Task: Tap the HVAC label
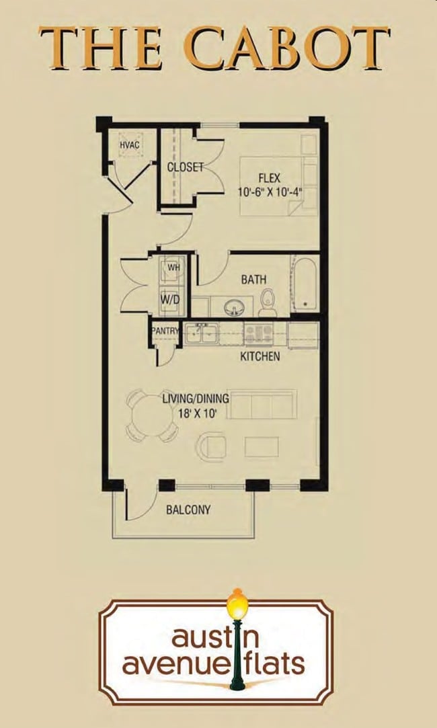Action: (x=129, y=145)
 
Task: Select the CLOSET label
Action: (x=185, y=167)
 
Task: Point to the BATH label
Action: (x=253, y=279)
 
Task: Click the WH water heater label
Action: (x=173, y=268)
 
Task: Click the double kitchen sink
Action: (x=201, y=333)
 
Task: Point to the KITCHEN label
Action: (x=260, y=356)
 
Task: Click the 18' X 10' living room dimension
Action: (x=195, y=414)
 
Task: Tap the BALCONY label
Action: (x=188, y=510)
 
